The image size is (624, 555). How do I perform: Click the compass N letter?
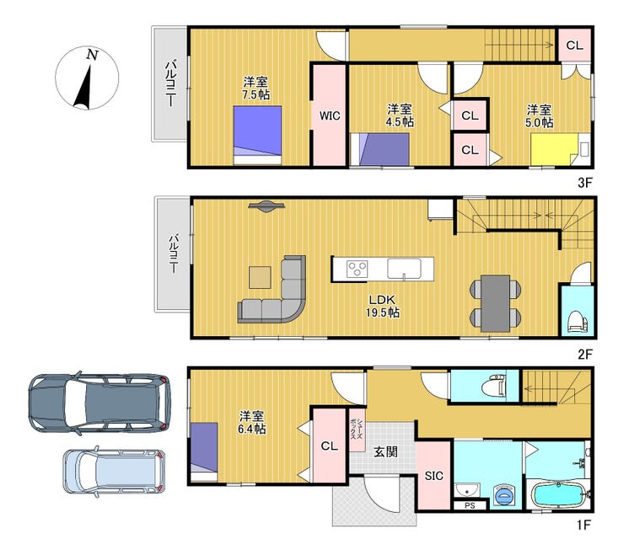92,55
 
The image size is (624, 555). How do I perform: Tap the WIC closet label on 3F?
330,115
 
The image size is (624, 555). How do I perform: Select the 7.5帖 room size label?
256,95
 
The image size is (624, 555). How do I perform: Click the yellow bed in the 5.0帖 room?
554,149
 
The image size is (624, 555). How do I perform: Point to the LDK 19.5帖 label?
383,306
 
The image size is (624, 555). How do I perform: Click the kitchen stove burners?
357,269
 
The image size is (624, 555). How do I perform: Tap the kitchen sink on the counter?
404,269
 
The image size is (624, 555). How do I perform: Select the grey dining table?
496,303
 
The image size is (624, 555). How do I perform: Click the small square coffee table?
260,277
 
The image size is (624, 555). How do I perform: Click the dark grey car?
100,403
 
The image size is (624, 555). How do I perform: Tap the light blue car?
114,472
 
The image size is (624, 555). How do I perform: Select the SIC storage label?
433,476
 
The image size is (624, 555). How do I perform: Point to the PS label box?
470,505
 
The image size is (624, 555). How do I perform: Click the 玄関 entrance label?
385,451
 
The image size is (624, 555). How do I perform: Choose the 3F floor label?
585,183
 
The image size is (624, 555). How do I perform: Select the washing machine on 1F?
504,495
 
